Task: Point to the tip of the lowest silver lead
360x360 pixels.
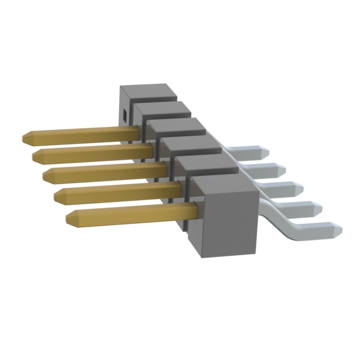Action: (x=339, y=229)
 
